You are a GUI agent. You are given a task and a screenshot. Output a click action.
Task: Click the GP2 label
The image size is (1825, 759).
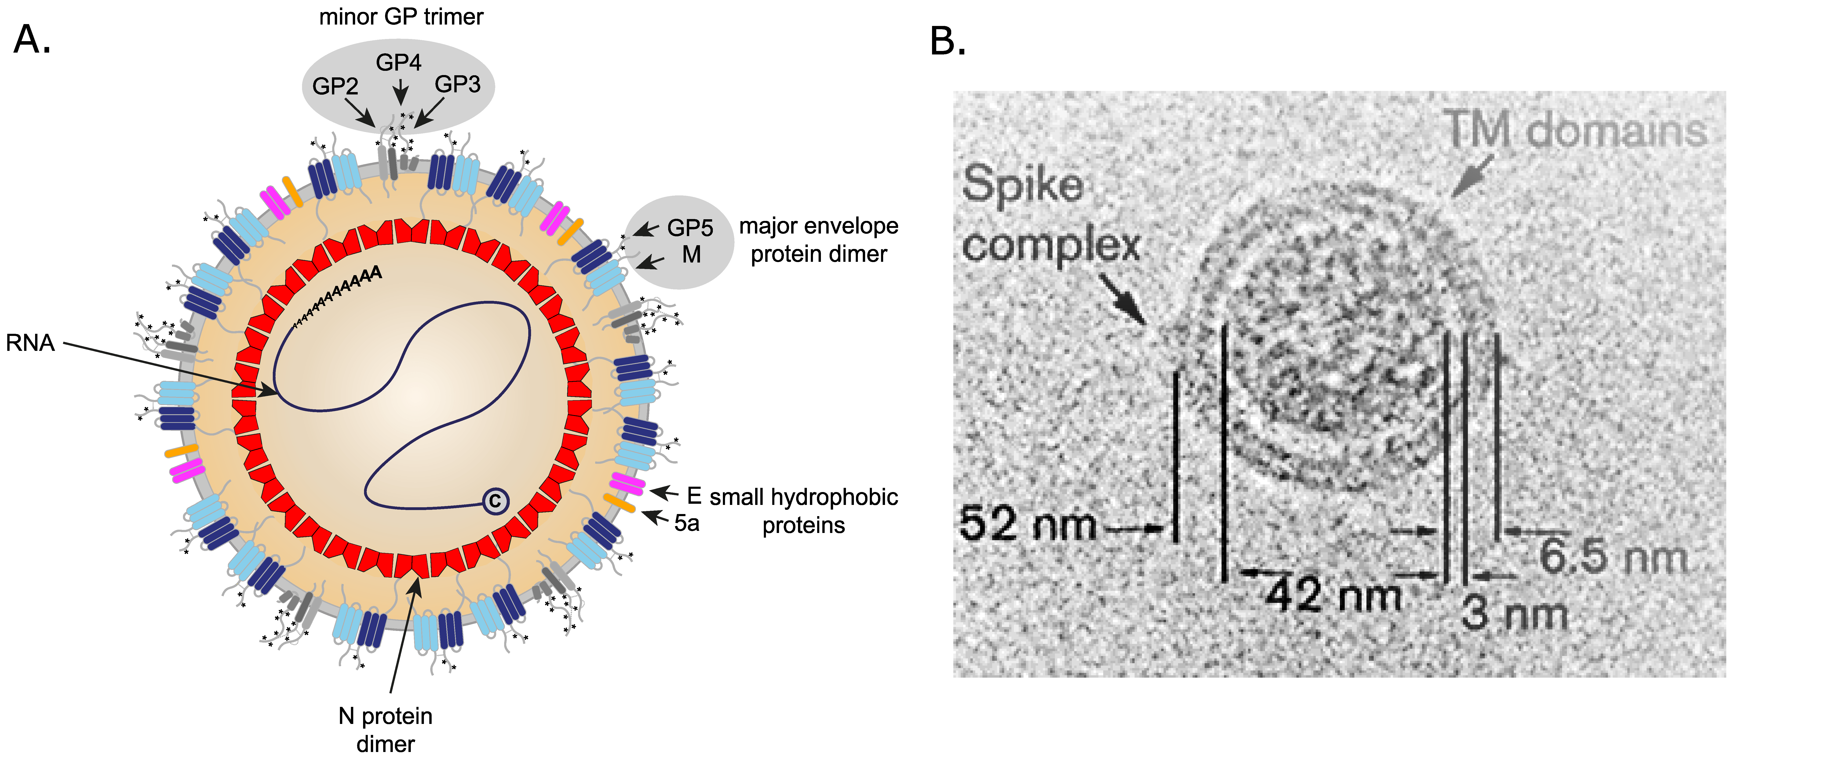[335, 86]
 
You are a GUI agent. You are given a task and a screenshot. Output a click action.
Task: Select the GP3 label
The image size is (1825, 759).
[458, 84]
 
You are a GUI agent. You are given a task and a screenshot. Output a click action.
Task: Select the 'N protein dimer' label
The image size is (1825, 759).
[385, 729]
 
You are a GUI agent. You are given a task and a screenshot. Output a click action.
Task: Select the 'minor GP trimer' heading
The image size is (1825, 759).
[401, 16]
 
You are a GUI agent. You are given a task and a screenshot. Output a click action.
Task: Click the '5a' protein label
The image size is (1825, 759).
[686, 523]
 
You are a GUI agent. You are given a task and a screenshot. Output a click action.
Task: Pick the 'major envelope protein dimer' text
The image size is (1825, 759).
[818, 240]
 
